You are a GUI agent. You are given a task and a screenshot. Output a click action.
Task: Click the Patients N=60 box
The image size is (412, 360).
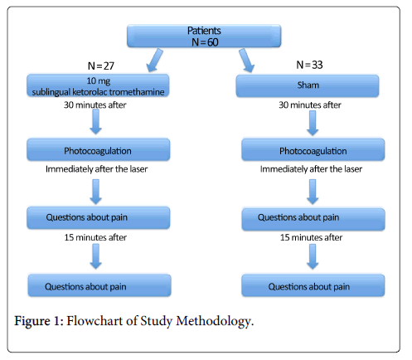tap(204, 36)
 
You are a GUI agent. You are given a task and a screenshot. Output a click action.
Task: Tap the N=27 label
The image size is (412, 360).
tap(101, 66)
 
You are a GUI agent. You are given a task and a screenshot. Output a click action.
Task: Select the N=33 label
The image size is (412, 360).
tap(309, 65)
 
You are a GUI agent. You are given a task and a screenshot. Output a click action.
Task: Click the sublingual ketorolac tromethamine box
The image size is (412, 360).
tap(98, 85)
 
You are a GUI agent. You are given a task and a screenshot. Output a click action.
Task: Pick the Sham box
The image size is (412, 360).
tap(308, 85)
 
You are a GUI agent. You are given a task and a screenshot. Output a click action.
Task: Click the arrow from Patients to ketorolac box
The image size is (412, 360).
tap(154, 61)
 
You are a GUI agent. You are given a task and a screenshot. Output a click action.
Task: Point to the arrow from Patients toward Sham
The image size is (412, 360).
tap(246, 61)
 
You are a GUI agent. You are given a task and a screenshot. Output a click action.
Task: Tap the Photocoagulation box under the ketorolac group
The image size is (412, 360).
tap(98, 149)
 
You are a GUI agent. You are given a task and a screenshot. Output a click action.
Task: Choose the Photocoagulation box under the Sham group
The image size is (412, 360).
tap(313, 149)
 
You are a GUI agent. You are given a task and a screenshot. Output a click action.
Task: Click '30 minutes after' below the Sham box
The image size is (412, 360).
tap(310, 105)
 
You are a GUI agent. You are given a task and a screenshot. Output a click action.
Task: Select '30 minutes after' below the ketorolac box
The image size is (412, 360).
tap(95, 105)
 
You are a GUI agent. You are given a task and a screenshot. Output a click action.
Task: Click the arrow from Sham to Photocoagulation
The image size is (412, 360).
tap(313, 123)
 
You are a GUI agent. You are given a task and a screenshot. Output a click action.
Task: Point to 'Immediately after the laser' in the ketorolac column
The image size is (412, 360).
tap(96, 169)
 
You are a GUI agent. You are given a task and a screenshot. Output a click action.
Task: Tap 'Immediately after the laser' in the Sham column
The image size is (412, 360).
tap(311, 169)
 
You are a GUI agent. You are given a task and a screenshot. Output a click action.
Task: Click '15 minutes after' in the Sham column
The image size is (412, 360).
tap(311, 237)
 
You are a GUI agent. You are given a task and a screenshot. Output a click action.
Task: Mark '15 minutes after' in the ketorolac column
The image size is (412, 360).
tap(95, 237)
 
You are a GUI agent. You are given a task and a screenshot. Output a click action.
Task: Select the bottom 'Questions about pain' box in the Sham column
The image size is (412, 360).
tap(313, 285)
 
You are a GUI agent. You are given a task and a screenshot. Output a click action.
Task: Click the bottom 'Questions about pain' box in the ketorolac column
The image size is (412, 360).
tap(99, 285)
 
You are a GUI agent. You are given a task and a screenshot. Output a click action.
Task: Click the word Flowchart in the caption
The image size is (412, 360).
tap(95, 321)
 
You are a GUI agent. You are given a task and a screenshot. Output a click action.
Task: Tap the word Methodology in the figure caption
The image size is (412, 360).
tap(215, 322)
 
